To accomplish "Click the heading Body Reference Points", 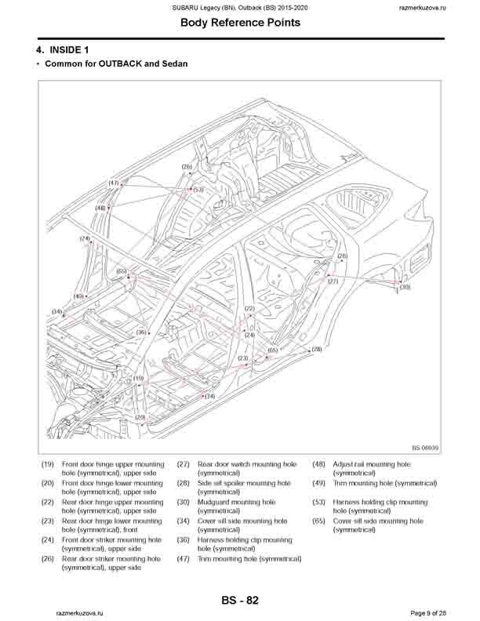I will pyautogui.click(x=239, y=23).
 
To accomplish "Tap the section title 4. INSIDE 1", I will pyautogui.click(x=66, y=49).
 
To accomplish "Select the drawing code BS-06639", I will pyautogui.click(x=424, y=448).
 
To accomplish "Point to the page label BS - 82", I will pyautogui.click(x=240, y=601).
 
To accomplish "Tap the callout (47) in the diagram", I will pyautogui.click(x=114, y=183).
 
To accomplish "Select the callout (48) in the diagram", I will pyautogui.click(x=100, y=208).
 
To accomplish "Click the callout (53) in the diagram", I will pyautogui.click(x=198, y=189).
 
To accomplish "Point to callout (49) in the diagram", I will pyautogui.click(x=78, y=296).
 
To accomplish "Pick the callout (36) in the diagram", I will pyautogui.click(x=140, y=332).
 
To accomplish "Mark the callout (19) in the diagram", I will pyautogui.click(x=138, y=379).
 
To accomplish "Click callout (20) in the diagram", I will pyautogui.click(x=140, y=417).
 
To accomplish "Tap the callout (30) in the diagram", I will pyautogui.click(x=405, y=288).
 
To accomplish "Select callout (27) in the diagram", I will pyautogui.click(x=333, y=281).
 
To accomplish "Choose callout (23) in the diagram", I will pyautogui.click(x=243, y=358).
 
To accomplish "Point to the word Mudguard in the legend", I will pyautogui.click(x=214, y=502).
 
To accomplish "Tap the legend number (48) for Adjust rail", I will pyautogui.click(x=319, y=464).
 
